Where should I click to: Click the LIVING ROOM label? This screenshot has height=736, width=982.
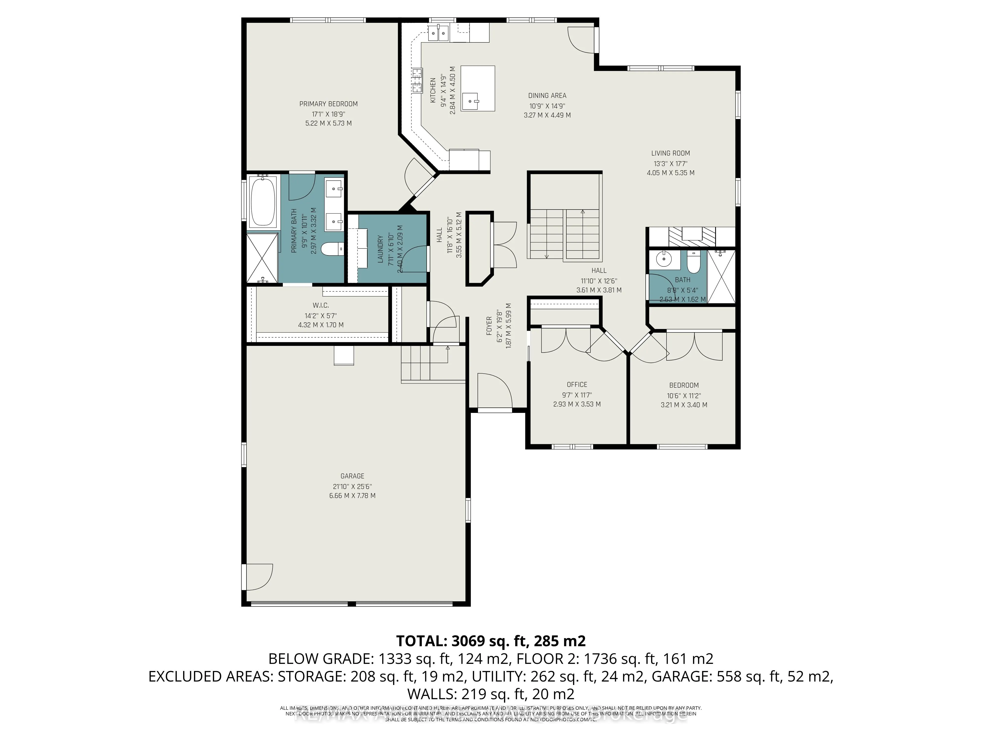tap(670, 153)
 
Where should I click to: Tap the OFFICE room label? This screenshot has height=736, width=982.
tap(577, 385)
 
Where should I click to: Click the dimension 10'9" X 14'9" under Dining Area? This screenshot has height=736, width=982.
tap(547, 106)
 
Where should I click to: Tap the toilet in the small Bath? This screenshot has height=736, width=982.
tap(693, 262)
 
